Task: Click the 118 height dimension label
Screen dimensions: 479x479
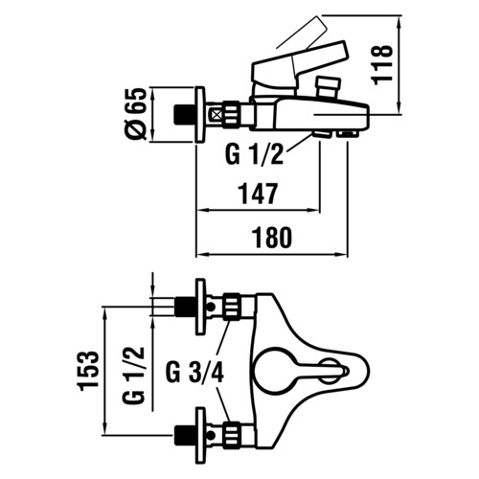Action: (382, 65)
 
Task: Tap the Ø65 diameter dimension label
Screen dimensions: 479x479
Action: (136, 114)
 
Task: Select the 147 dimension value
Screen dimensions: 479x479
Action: (259, 194)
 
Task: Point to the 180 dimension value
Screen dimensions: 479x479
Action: (272, 238)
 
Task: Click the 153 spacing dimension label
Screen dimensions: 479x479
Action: (88, 371)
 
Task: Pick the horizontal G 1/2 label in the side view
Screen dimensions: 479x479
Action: (255, 155)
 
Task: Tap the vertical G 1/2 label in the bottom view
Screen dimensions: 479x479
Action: (134, 375)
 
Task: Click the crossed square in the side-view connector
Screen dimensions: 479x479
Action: (216, 114)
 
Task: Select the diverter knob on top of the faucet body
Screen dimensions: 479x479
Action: (327, 86)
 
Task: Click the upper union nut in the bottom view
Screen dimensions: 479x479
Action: (231, 307)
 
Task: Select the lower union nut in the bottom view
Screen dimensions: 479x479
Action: (231, 435)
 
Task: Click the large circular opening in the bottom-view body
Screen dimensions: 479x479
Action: (273, 371)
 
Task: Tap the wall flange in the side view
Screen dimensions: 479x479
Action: (200, 115)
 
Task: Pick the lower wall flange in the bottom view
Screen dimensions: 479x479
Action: (200, 435)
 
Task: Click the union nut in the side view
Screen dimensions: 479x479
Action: (231, 115)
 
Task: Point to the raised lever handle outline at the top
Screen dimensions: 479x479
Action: (303, 33)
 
